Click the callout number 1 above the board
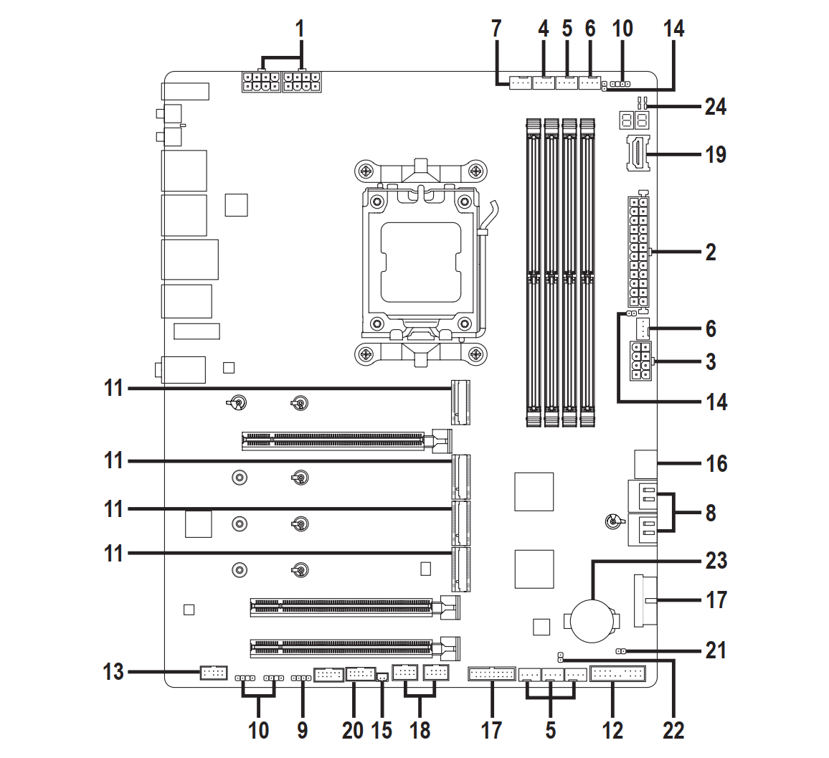(300, 29)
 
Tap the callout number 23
(716, 560)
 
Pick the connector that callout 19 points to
(637, 153)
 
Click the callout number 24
(715, 107)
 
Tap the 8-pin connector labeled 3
(640, 361)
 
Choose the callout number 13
(114, 672)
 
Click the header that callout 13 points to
(213, 673)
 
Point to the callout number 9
(302, 730)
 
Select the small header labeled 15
(382, 676)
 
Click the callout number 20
(353, 730)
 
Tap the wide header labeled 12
(618, 674)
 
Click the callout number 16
(716, 463)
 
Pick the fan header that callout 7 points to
(521, 85)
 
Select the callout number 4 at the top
(543, 29)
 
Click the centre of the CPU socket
(421, 261)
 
